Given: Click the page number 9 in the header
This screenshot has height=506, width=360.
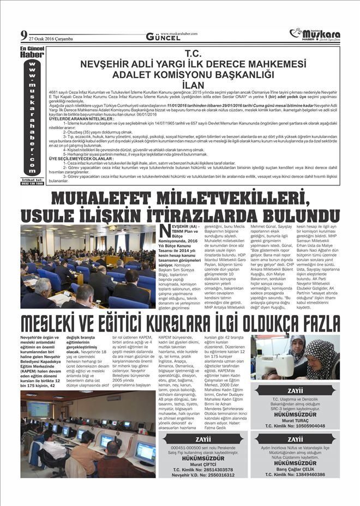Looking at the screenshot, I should pyautogui.click(x=24, y=36).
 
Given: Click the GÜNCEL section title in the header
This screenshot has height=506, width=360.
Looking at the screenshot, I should pyautogui.click(x=163, y=37).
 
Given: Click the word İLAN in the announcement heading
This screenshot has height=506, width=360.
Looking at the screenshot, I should pyautogui.click(x=194, y=85).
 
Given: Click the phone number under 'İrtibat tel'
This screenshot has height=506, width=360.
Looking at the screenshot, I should pyautogui.click(x=33, y=183).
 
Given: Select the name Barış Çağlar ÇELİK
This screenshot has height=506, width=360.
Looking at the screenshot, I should pyautogui.click(x=295, y=468).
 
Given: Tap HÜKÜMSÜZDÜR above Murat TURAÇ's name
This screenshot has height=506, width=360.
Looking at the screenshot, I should pyautogui.click(x=295, y=414).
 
